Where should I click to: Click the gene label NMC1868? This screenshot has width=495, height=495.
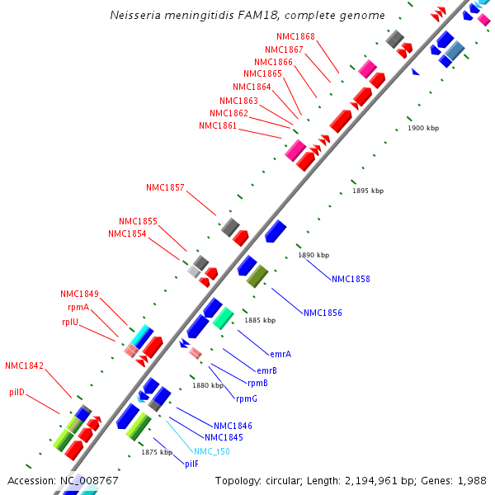tap(295, 36)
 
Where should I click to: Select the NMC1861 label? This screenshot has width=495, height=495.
tap(218, 125)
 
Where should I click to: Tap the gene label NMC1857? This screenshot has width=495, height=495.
tap(165, 188)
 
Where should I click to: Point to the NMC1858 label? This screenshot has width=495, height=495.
tap(351, 280)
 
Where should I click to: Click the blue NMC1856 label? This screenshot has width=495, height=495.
tap(323, 313)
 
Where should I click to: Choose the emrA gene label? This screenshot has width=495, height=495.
tap(280, 354)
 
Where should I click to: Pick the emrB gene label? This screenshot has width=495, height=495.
tap(266, 370)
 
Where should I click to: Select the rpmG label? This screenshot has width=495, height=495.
tap(247, 399)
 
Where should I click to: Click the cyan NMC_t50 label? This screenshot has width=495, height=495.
tap(212, 451)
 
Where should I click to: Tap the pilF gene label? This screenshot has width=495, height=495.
tap(191, 464)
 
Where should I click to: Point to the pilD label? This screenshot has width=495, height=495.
tap(17, 392)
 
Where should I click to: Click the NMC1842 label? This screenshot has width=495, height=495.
tap(25, 365)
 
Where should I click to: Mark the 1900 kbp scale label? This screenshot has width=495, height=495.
tap(423, 128)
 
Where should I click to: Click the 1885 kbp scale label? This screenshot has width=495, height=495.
tap(259, 320)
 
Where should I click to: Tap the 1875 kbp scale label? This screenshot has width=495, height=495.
tap(156, 452)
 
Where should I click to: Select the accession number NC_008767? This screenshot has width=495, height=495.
tap(89, 480)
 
